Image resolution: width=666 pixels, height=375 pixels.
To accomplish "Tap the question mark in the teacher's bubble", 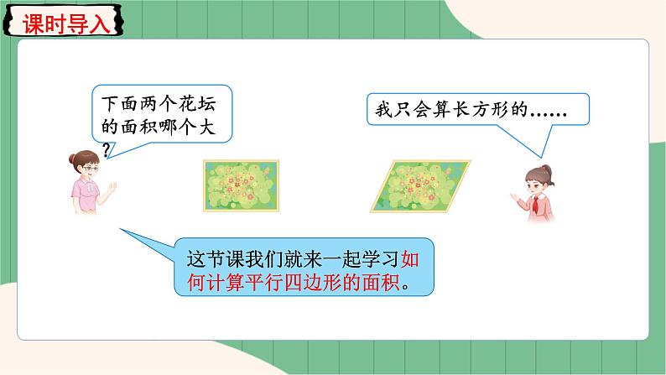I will click(106, 148).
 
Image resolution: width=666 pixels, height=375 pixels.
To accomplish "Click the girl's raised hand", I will click(513, 195).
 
